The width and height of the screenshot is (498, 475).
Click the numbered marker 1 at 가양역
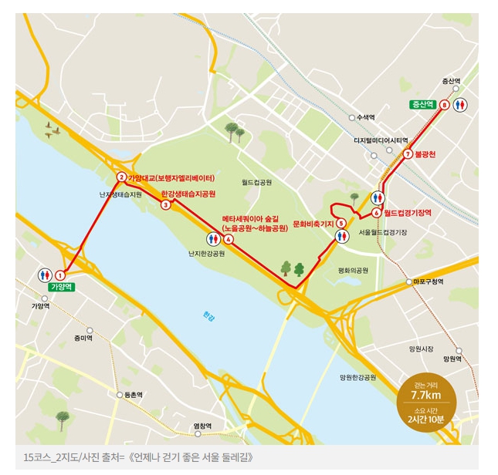click(x=60, y=275)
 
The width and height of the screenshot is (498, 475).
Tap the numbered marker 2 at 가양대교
click(x=121, y=177)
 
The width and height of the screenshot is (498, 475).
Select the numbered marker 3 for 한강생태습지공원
click(x=166, y=204)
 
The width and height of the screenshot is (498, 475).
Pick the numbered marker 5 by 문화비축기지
click(x=340, y=224)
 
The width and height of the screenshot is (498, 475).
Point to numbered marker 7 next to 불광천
click(x=406, y=154)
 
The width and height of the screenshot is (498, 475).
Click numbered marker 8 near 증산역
click(x=444, y=104)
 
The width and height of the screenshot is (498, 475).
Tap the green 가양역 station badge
click(x=60, y=287)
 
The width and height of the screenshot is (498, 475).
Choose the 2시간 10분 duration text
click(x=425, y=419)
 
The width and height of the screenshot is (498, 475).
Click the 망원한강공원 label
click(x=357, y=377)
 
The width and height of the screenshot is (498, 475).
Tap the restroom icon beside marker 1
click(x=44, y=275)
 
